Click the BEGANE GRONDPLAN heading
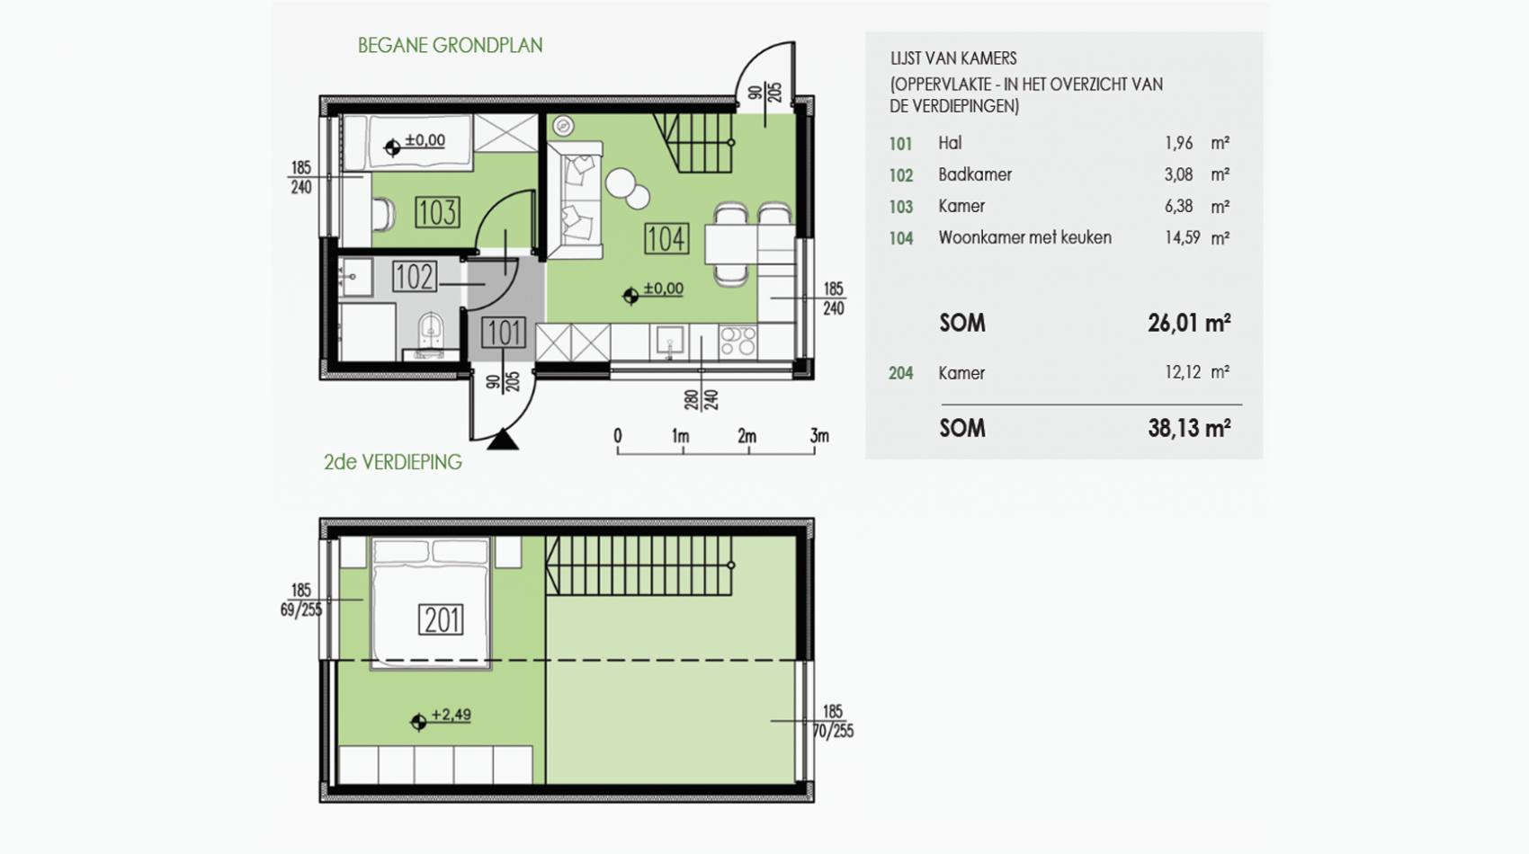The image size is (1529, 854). [450, 46]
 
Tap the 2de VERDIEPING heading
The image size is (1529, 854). [392, 462]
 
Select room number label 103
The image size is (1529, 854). [437, 212]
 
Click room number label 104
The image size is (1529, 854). [666, 239]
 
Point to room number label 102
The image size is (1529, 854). [415, 277]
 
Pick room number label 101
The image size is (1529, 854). [504, 333]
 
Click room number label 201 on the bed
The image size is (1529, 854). [441, 620]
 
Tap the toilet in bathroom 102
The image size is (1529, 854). [430, 329]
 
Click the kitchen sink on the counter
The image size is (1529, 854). [670, 341]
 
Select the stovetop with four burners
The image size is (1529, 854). [738, 342]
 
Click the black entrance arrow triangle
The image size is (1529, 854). [503, 440]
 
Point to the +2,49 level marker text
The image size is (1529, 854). [452, 714]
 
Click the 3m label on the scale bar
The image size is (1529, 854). [819, 435]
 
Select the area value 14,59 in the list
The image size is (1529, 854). [1182, 238]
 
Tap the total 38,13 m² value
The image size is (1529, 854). [1189, 429]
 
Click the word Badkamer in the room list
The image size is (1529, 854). [975, 174]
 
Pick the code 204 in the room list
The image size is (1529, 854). [901, 374]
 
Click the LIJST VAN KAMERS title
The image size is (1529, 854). [953, 58]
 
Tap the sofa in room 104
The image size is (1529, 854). [575, 200]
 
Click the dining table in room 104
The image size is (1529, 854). [730, 245]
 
